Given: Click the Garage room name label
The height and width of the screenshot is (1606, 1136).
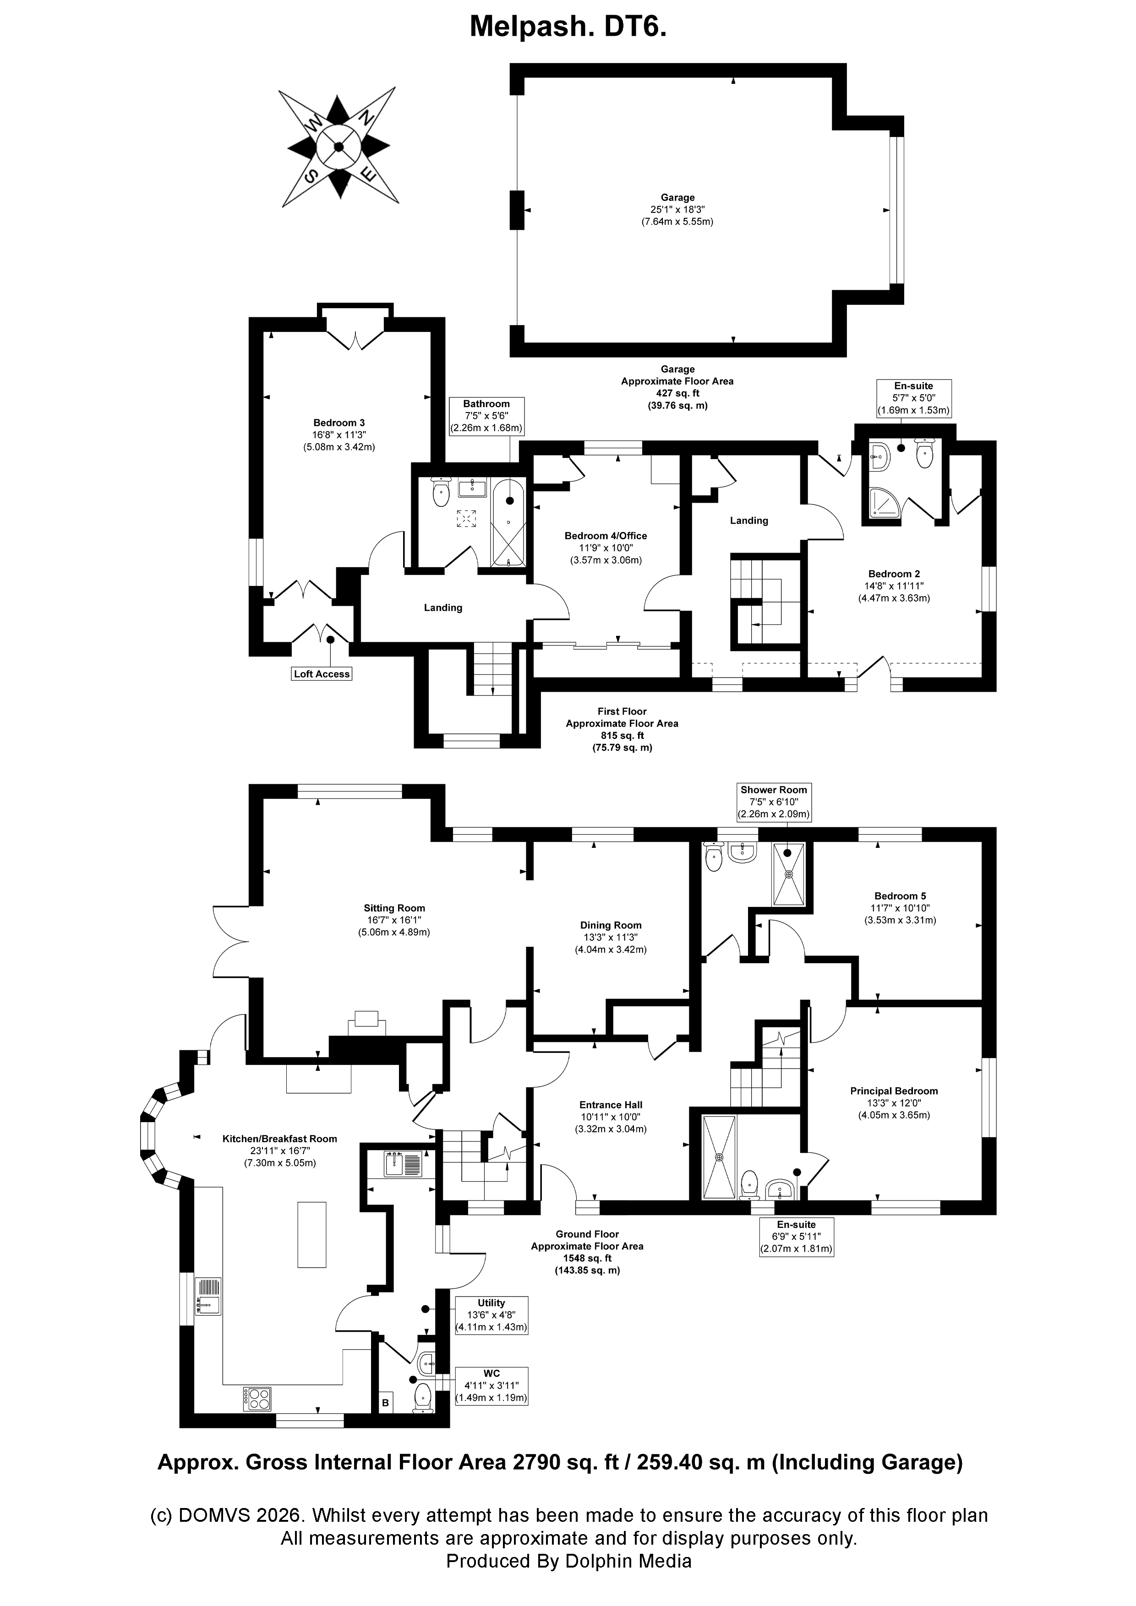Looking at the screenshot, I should pos(677,197).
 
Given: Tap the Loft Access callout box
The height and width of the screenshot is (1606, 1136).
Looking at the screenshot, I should pos(322,673).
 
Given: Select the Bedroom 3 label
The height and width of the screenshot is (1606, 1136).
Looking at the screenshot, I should pos(339,423).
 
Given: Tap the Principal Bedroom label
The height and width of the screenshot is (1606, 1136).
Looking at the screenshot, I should pos(894,1091).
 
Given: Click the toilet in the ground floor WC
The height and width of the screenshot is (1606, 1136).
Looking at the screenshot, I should pos(423,1398).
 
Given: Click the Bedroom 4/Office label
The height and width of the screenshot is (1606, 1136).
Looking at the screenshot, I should pos(606,536).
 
